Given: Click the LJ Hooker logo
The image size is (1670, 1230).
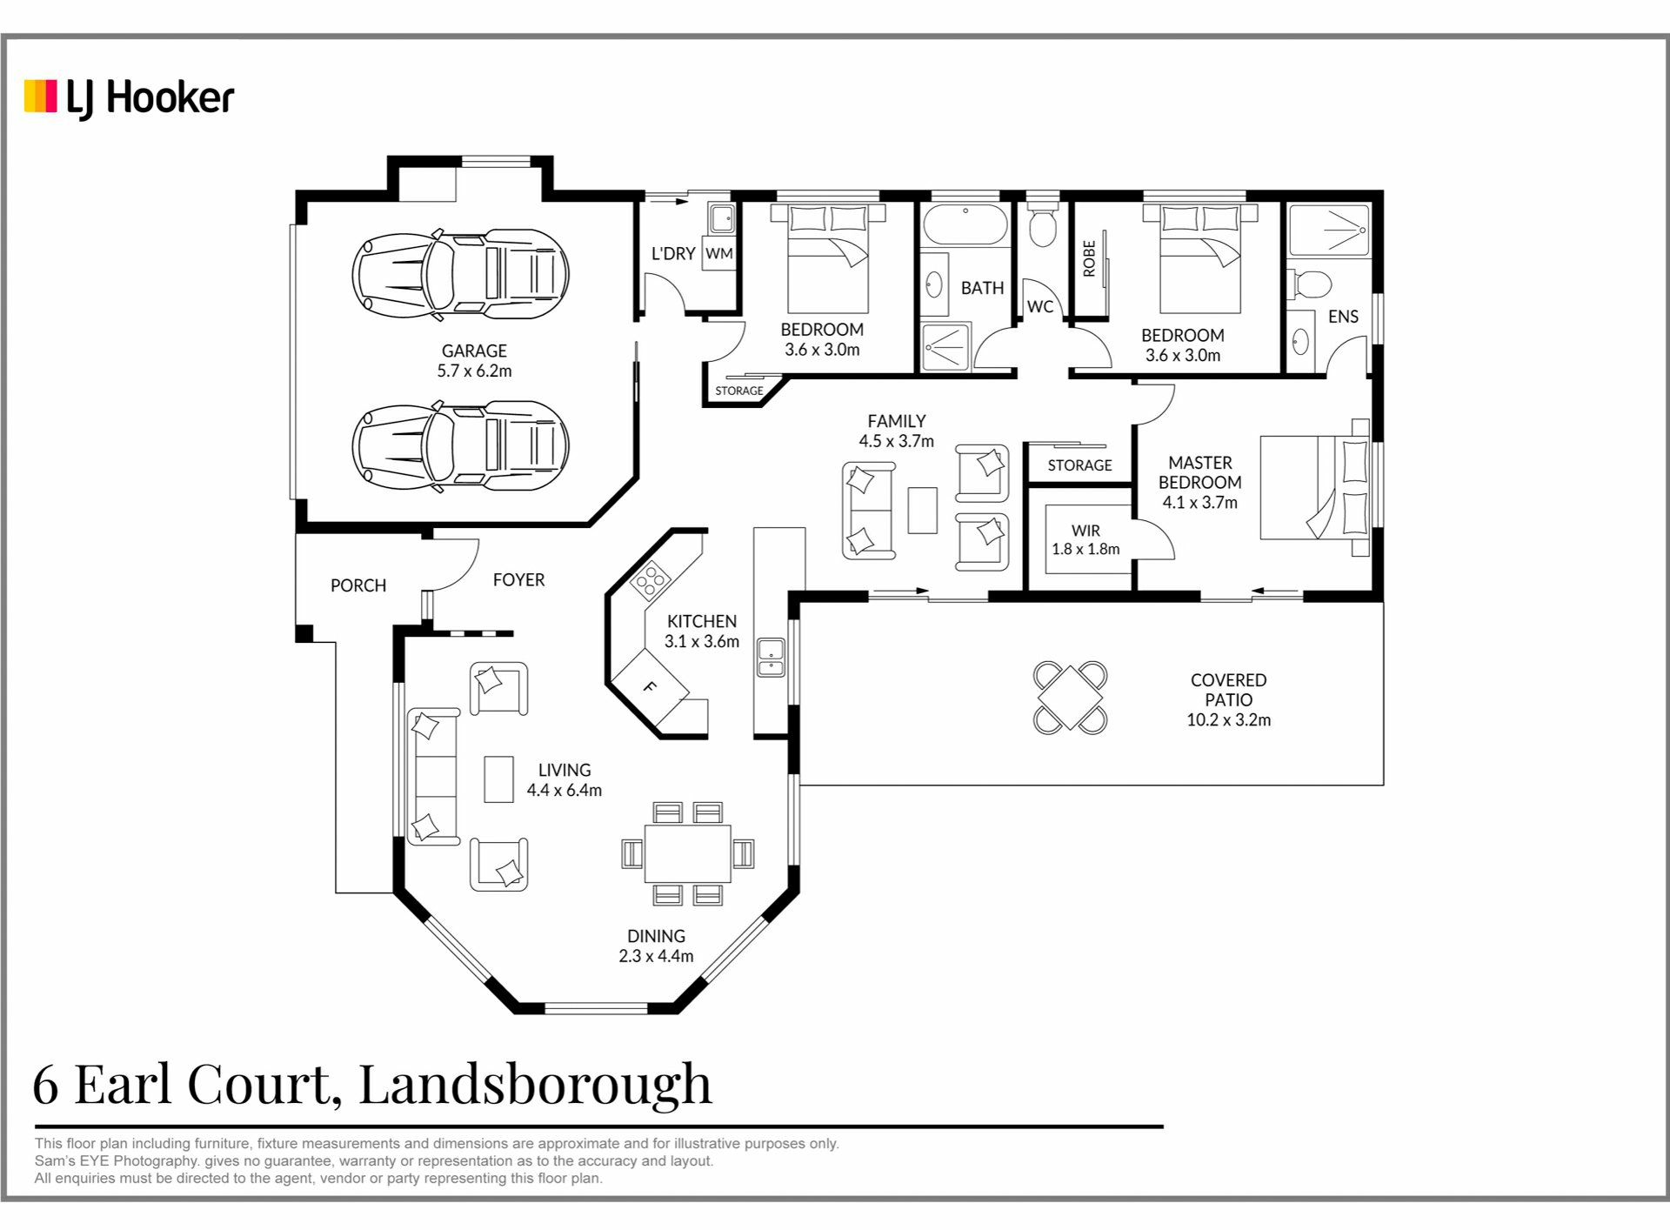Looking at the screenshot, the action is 129,98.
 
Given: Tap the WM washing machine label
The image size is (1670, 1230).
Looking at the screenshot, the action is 718,254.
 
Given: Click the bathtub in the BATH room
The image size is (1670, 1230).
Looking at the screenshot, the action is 965,224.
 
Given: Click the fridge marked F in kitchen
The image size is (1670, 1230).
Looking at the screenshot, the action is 650,687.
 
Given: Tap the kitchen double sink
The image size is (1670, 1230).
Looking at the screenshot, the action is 771,657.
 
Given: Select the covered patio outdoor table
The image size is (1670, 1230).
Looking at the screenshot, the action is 1070,698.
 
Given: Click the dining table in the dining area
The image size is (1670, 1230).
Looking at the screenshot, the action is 687,853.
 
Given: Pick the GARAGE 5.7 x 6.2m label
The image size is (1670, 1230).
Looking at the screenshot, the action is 474,361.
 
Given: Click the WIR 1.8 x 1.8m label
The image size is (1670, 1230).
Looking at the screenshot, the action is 1085,539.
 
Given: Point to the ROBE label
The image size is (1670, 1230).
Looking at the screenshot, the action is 1089,258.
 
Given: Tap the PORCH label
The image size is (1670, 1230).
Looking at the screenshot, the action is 358,585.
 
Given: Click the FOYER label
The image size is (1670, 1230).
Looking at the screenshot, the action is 518,580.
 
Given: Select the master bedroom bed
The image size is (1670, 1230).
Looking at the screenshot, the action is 1315,488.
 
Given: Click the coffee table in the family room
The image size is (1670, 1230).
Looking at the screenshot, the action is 923,511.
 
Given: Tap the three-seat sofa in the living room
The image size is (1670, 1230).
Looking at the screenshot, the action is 433,776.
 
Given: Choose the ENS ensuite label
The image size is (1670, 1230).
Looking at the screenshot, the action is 1343,317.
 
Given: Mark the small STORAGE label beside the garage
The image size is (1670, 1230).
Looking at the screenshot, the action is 739,391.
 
